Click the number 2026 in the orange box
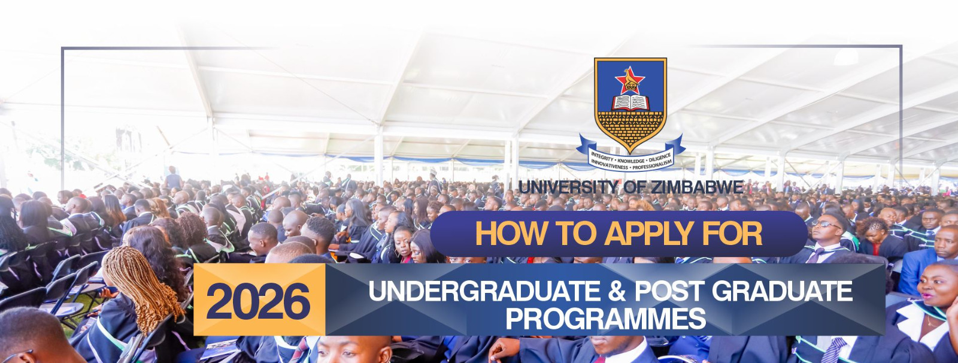[258, 301]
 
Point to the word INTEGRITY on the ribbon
[602, 158]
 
